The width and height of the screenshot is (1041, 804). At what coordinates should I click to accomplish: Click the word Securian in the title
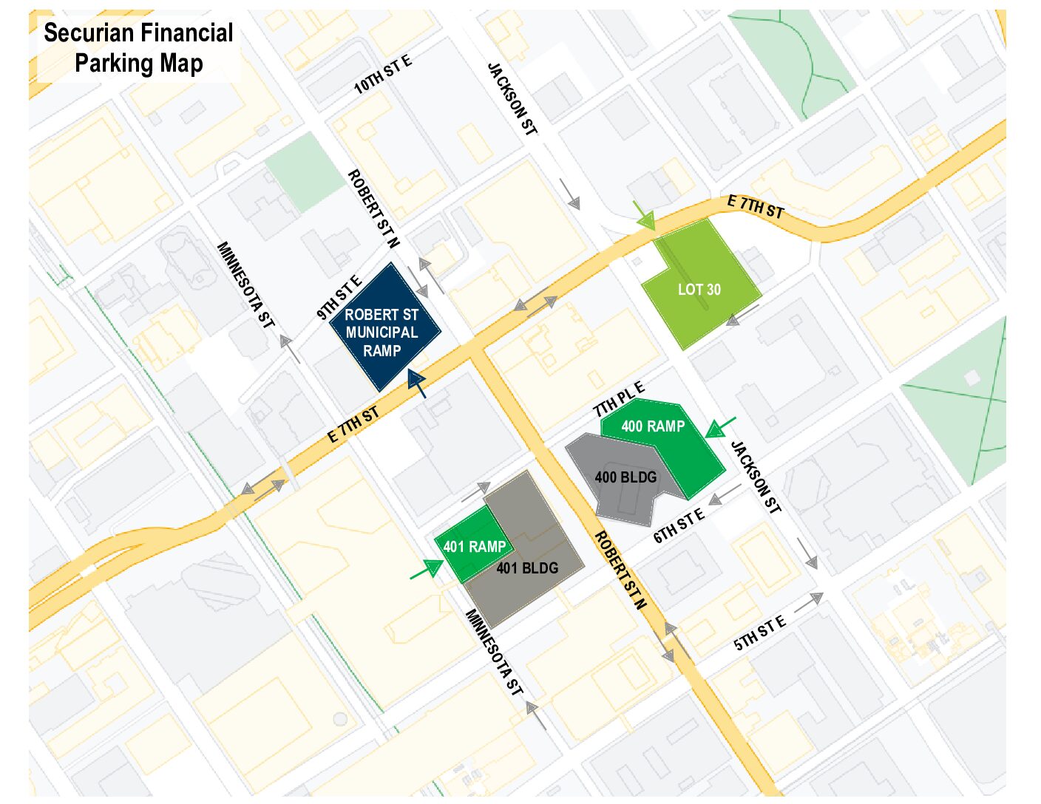coord(91,33)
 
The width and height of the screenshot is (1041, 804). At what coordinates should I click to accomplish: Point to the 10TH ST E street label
coord(382,75)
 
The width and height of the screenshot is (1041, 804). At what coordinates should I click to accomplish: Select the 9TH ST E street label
coord(339,297)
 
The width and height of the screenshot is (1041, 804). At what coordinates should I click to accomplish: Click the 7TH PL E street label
coord(619,400)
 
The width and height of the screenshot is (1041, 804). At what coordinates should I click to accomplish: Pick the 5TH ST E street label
coord(759,633)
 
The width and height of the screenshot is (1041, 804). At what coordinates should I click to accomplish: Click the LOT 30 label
coord(699,290)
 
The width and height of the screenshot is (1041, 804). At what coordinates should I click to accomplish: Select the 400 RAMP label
coord(653,426)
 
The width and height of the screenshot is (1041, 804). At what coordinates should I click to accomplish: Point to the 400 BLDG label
coord(625,477)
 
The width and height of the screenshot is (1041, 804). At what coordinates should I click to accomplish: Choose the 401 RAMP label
coord(474,547)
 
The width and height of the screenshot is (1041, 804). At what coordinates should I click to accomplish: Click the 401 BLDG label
coord(527,568)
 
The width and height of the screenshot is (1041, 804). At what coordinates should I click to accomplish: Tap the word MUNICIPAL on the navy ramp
coord(382,333)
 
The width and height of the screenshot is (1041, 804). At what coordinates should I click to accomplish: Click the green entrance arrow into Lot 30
coord(645,215)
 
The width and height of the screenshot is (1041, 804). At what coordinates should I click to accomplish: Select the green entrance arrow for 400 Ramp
coord(719,427)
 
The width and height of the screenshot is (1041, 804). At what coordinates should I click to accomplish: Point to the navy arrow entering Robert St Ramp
coord(418,384)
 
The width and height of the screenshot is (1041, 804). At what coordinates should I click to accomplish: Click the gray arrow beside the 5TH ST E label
coord(809,602)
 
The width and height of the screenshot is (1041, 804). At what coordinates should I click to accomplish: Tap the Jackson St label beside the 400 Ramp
coord(755,477)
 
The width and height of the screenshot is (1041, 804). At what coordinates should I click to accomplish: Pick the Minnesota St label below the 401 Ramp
coord(493,653)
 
